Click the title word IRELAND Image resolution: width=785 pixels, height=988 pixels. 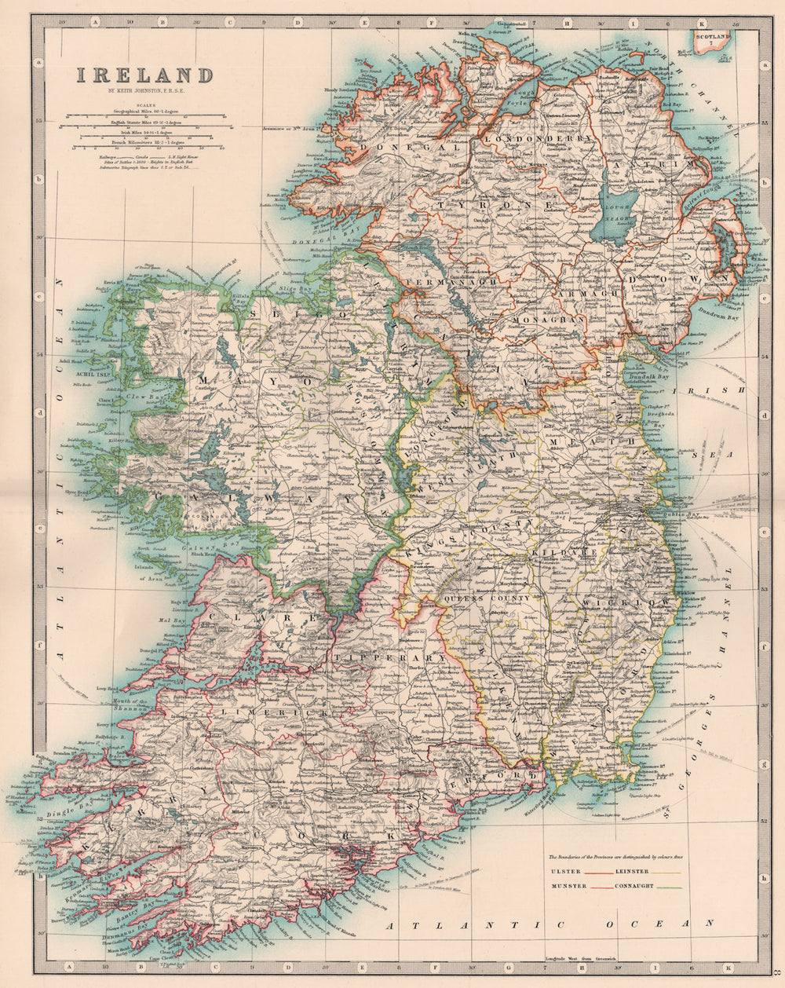tap(144, 76)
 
